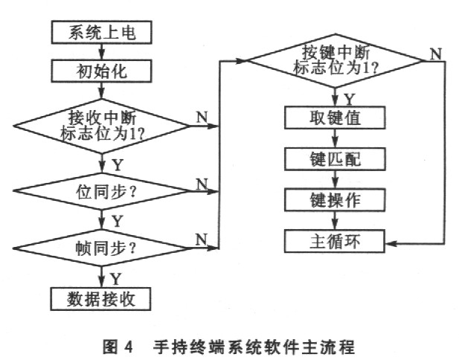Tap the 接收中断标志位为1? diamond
pos(101,124)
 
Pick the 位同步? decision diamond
pos(101,191)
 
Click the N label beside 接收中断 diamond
pos(201,117)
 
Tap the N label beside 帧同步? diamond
pos(201,239)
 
